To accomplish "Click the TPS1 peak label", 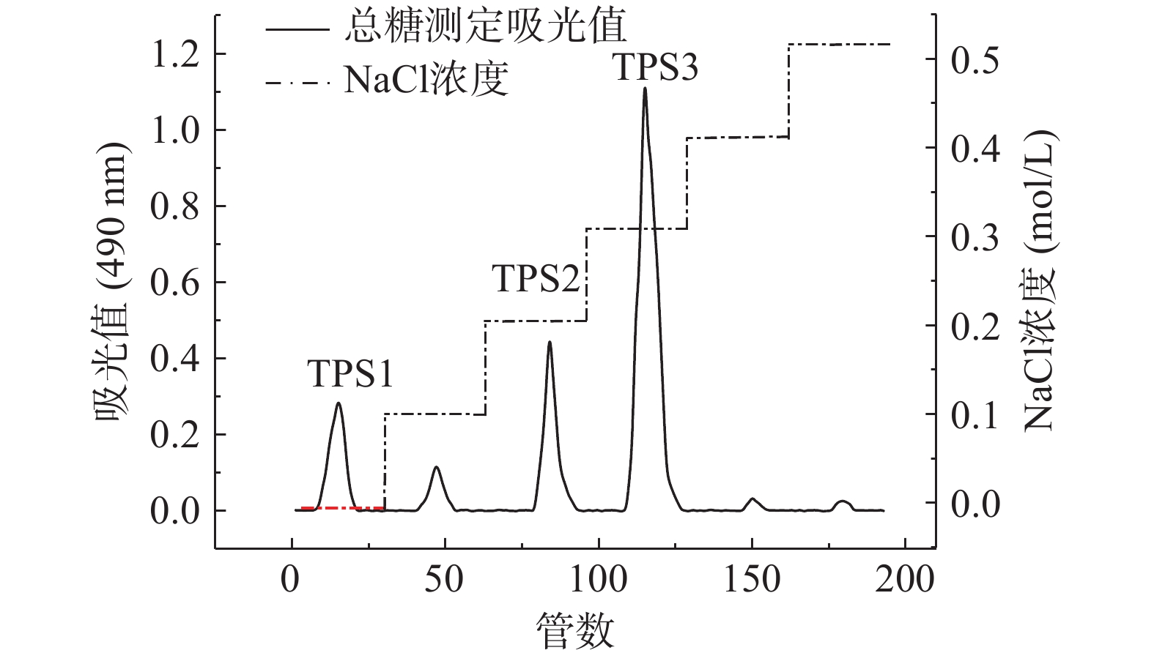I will click(350, 374).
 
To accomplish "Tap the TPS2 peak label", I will click(536, 279).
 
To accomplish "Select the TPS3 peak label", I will click(655, 67).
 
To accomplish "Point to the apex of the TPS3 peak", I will click(645, 89).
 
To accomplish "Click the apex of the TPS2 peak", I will click(549, 342).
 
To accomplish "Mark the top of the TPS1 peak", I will click(339, 403).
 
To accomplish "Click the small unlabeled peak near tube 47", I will click(437, 467).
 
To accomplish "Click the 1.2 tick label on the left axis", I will click(174, 55).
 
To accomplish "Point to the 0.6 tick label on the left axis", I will click(174, 283).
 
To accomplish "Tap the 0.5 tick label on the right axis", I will click(974, 59).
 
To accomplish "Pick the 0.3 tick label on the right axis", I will click(974, 237).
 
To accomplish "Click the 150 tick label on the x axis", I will click(752, 580).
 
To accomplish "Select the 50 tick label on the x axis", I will click(445, 580).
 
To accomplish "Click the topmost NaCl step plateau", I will click(839, 45).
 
